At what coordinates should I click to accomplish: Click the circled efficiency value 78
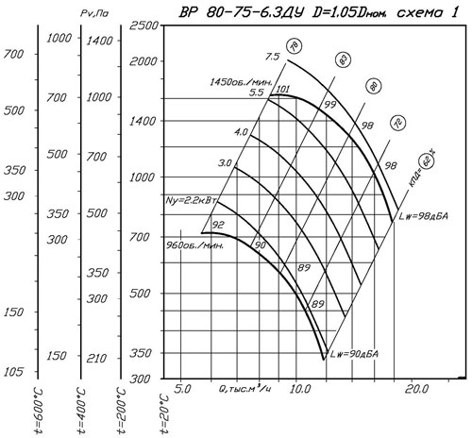(294, 46)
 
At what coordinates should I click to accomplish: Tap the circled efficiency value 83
(343, 59)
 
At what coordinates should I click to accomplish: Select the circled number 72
(397, 123)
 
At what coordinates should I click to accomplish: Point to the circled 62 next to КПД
(427, 162)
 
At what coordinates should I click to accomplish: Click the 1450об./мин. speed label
(241, 82)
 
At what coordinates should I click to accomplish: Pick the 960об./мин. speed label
(194, 245)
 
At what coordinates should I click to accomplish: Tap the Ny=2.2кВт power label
(192, 200)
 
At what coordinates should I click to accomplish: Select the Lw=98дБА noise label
(423, 216)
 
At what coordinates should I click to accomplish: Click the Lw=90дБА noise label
(354, 354)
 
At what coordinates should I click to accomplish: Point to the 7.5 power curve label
(272, 57)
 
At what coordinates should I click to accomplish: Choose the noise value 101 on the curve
(282, 89)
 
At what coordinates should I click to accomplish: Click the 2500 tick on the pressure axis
(143, 25)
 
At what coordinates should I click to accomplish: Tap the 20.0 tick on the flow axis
(416, 389)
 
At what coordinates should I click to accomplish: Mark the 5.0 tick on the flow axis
(182, 389)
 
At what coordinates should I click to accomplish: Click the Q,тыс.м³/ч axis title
(244, 389)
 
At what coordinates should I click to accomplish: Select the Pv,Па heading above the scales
(94, 13)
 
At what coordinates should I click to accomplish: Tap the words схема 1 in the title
(427, 12)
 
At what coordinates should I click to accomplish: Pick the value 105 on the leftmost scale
(13, 372)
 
